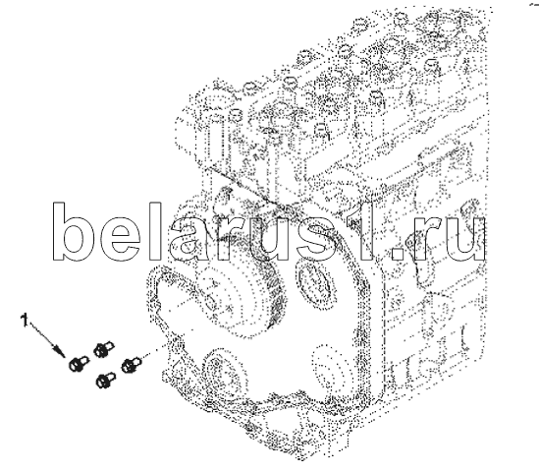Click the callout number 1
25,320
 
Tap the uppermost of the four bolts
103,349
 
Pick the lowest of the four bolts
106,380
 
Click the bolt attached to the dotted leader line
132,365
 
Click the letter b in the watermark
69,231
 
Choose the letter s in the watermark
319,239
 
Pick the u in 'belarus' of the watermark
271,239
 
